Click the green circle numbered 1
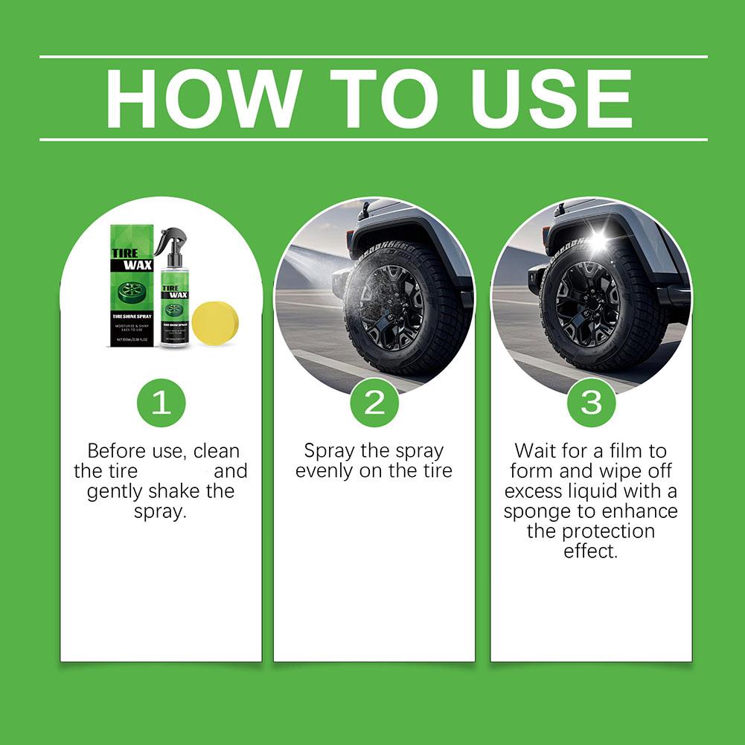pyautogui.click(x=161, y=403)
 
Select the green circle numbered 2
pyautogui.click(x=374, y=403)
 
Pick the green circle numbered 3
pyautogui.click(x=591, y=403)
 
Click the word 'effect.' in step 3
pyautogui.click(x=591, y=552)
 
